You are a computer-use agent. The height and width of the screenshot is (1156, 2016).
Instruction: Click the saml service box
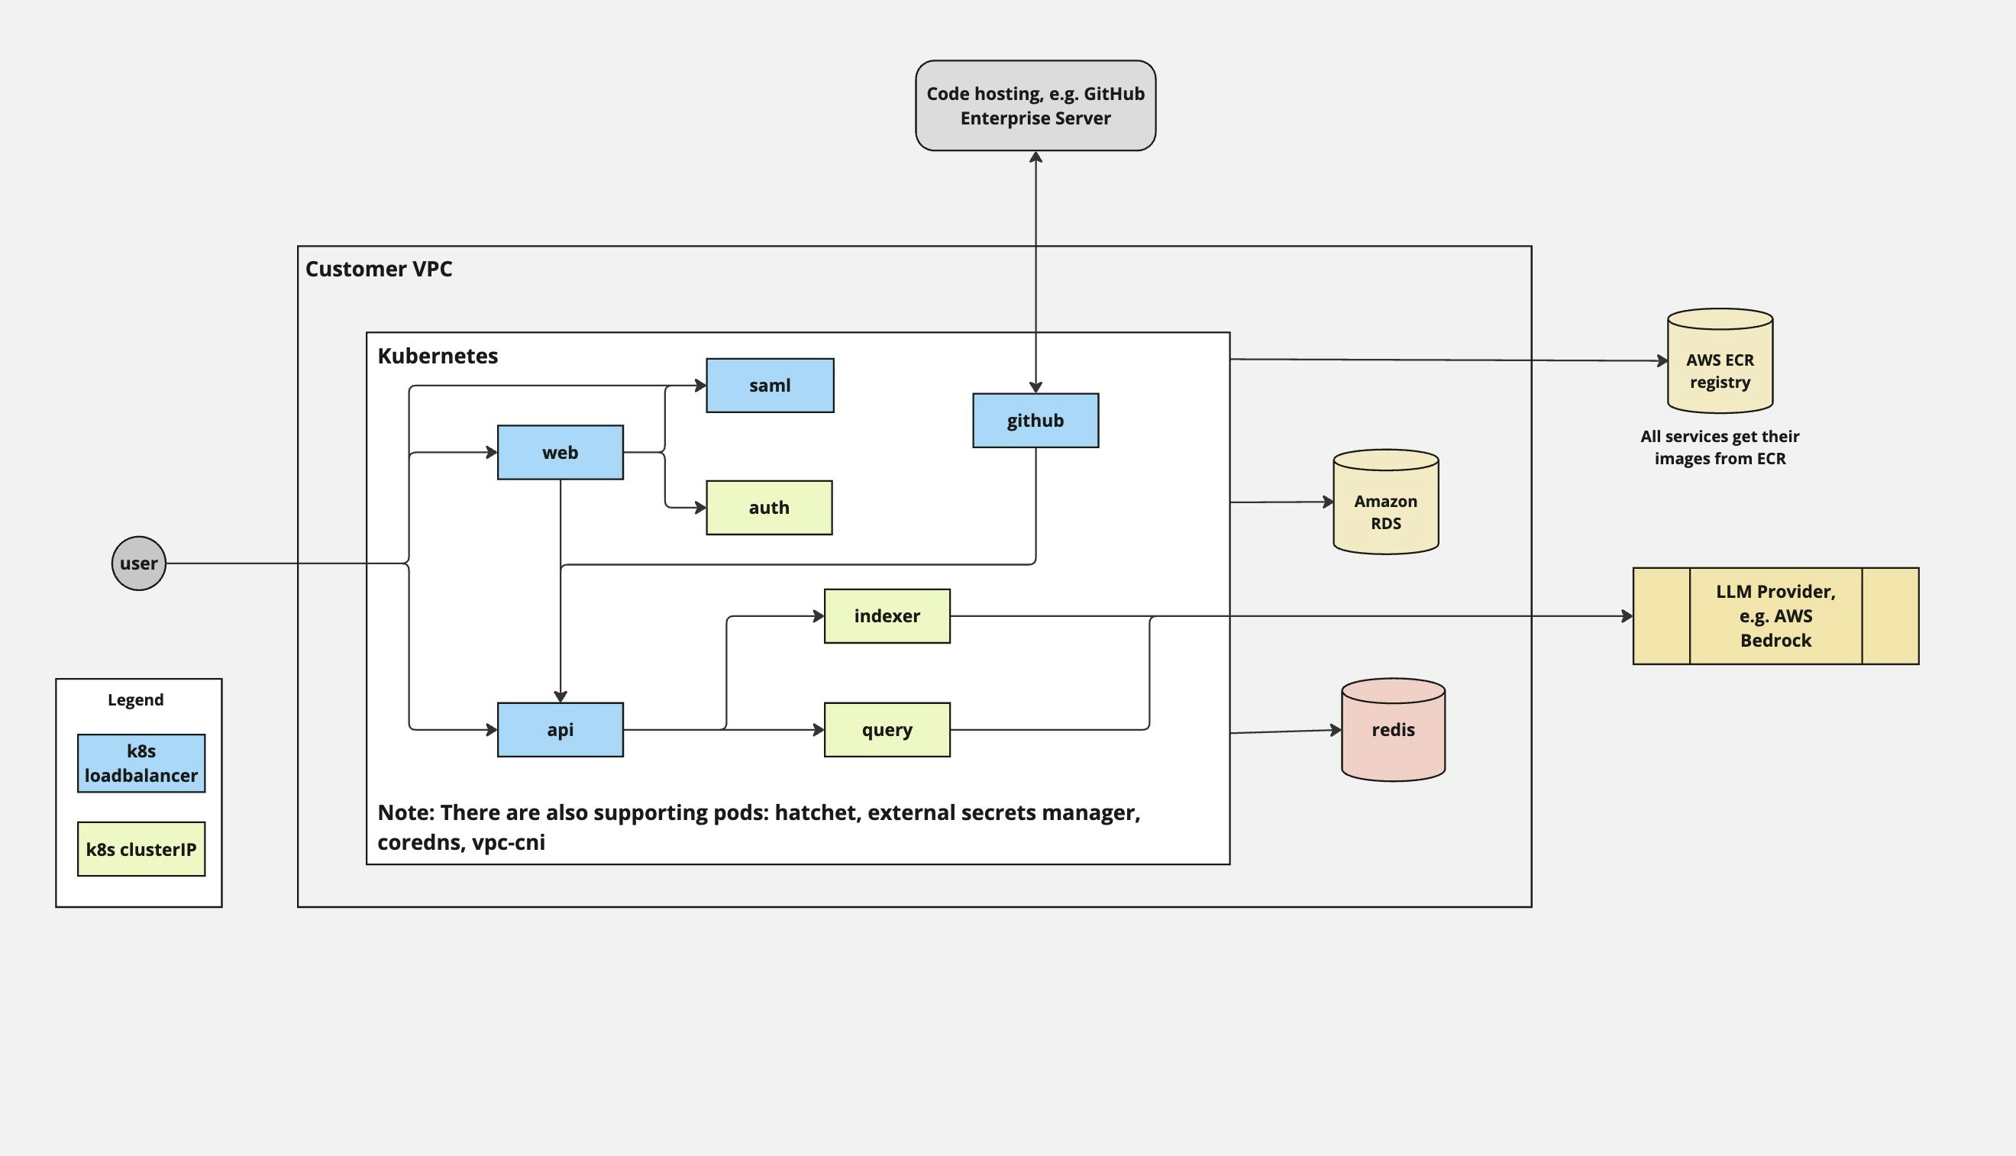770,385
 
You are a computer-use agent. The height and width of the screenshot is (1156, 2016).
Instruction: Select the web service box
560,453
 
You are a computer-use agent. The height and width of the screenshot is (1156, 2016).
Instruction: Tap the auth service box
769,507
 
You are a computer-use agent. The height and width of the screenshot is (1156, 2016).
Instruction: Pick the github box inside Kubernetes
1035,421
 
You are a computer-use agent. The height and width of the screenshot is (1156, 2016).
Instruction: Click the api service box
560,730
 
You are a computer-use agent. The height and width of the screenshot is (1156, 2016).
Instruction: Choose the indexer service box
887,616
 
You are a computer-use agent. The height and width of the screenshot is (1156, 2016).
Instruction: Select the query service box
887,730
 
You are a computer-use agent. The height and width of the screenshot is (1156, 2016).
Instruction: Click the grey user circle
139,563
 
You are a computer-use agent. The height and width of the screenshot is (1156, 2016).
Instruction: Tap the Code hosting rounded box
1035,105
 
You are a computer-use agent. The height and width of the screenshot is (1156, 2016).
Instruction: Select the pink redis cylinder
1393,731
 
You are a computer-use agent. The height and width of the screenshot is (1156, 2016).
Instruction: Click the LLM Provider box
1775,616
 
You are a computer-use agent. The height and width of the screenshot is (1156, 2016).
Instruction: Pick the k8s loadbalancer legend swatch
141,763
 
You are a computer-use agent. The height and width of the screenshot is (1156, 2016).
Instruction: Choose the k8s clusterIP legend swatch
141,849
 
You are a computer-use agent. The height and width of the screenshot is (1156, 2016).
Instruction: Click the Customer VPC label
379,270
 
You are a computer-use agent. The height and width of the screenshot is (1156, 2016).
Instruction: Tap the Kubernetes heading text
438,356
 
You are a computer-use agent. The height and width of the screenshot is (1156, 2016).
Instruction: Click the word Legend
136,699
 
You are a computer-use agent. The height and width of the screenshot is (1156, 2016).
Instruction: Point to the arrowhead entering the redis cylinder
1336,730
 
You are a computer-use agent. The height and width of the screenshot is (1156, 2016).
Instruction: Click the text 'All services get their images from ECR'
1719,447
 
